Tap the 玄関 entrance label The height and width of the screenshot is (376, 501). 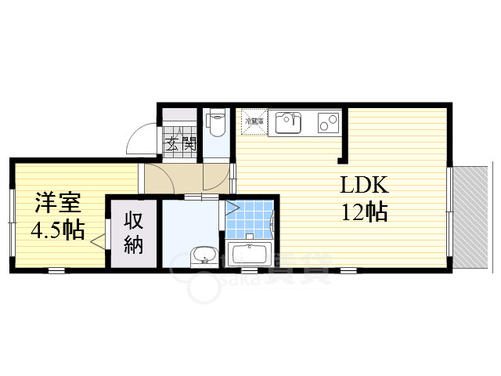tap(180, 144)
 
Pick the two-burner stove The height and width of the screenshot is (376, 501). tap(329, 122)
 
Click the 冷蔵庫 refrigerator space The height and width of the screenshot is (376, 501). tap(253, 122)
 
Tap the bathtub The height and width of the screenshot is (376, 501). tap(248, 255)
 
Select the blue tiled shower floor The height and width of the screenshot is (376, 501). tap(250, 218)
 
